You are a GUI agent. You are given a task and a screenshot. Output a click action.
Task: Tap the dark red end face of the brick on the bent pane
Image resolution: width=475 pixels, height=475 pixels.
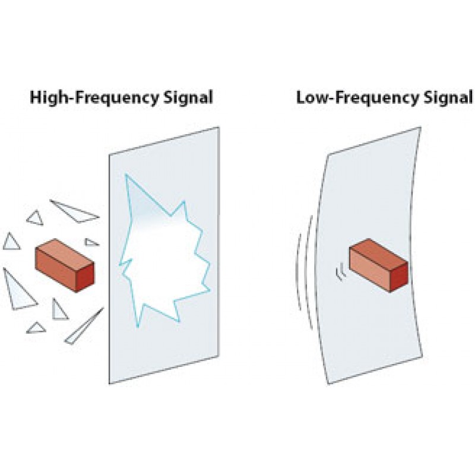(x=398, y=278)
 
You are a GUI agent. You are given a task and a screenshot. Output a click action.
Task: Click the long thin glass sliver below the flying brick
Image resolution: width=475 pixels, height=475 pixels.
(x=83, y=328)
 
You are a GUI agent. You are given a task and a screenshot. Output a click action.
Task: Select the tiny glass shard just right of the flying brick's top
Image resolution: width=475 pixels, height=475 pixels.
(x=91, y=242)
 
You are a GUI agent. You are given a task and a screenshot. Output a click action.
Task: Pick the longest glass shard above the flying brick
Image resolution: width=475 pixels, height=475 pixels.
(x=74, y=211)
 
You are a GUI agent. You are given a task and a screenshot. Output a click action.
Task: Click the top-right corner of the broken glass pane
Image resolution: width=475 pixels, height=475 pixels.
(x=219, y=128)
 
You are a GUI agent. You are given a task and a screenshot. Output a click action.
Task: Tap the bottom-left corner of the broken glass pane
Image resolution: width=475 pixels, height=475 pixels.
(x=109, y=383)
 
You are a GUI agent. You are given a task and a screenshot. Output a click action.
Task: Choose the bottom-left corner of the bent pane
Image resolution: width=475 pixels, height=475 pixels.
(x=329, y=383)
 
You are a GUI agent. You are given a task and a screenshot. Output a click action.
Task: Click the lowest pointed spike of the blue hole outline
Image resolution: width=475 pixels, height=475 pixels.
(x=138, y=326)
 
